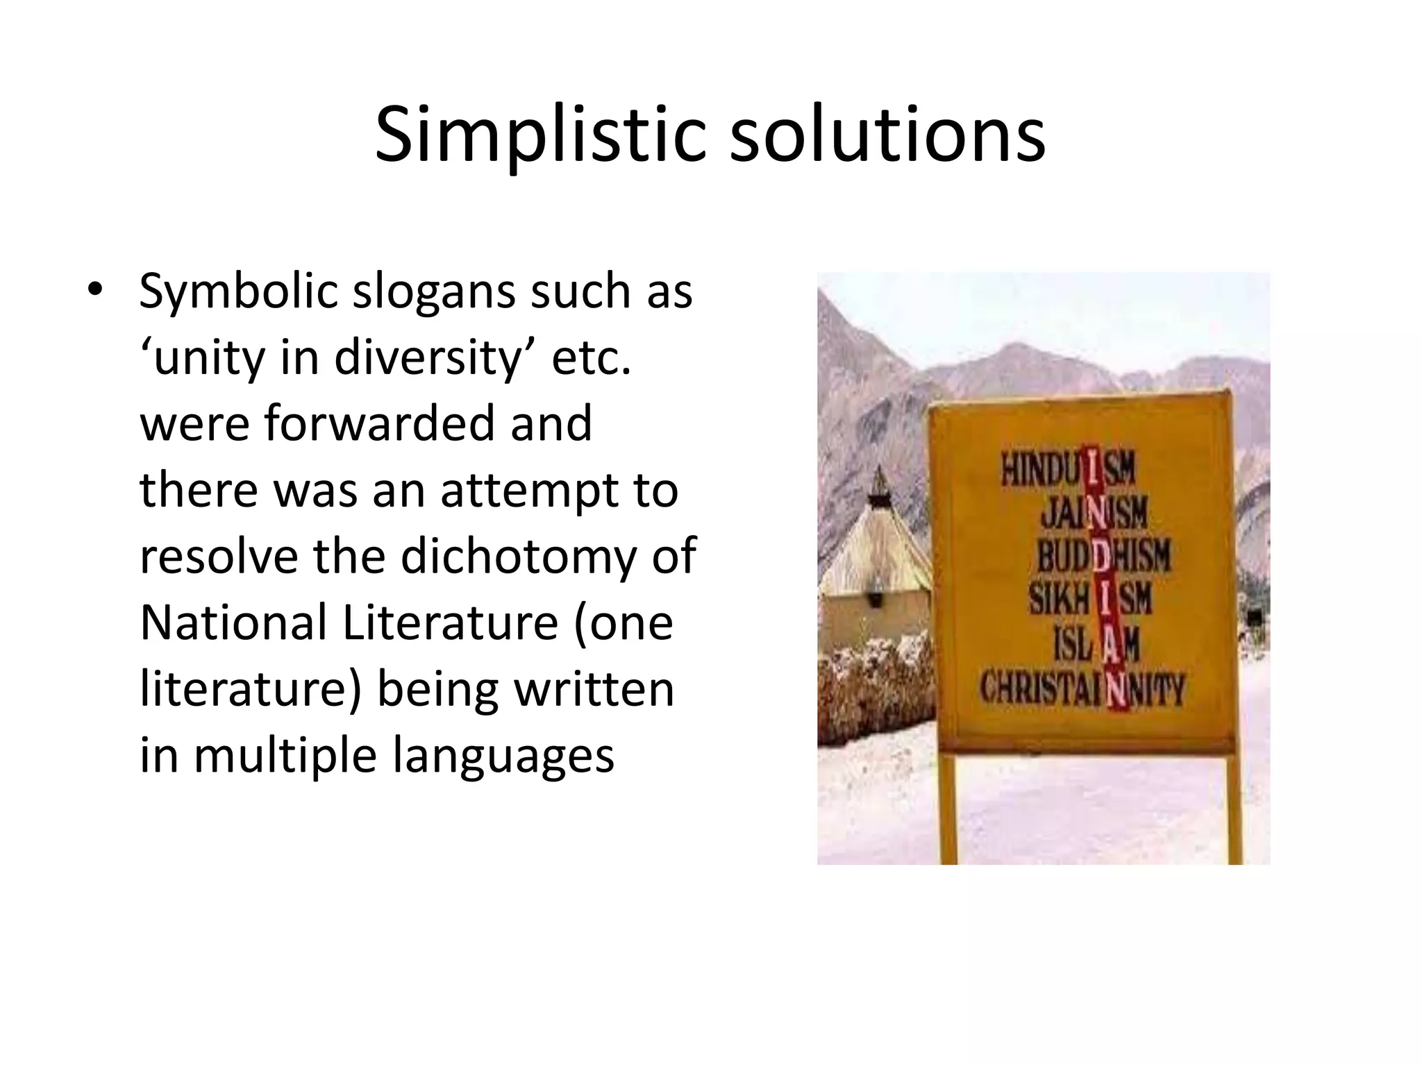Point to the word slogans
[434, 291]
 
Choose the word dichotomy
[517, 557]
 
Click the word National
[233, 623]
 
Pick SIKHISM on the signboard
[1090, 599]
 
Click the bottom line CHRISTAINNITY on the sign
[1081, 689]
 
